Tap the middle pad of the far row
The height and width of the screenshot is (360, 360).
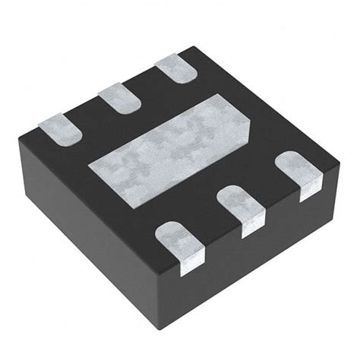point(118,97)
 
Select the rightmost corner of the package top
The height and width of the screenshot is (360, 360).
point(339,160)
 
